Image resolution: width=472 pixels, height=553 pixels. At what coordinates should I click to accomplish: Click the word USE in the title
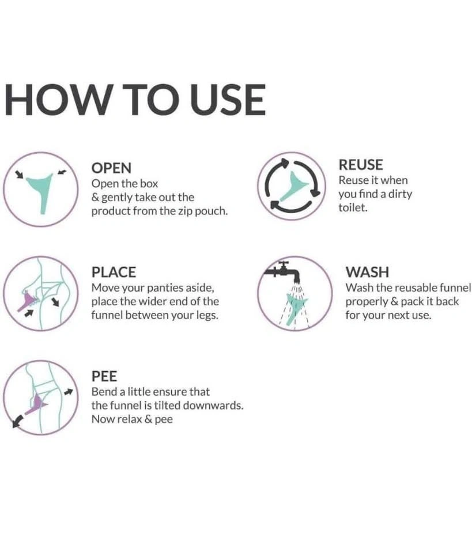pos(228,100)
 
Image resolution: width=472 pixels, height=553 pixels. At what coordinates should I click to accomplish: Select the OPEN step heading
pos(111,168)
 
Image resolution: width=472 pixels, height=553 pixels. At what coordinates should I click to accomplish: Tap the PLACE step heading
pos(114,272)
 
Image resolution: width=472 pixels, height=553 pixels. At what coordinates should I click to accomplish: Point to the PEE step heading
pos(104,376)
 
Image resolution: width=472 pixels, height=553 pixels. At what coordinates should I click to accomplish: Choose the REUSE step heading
pos(361,165)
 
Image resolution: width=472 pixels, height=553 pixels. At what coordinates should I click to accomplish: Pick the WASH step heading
pos(367,272)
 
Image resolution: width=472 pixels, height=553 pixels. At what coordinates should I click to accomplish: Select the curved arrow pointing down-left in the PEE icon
pos(18,421)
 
